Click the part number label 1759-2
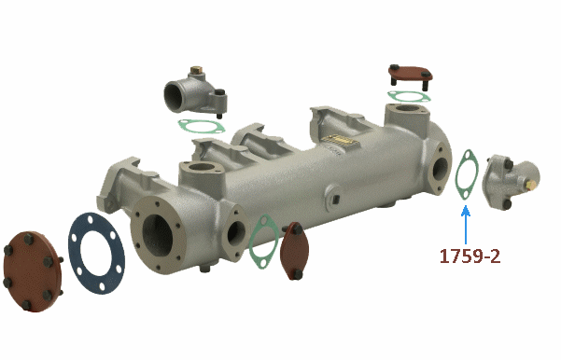coord(470,256)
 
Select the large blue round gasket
coord(96,253)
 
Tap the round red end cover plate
coord(32,271)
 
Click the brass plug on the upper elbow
coord(196,70)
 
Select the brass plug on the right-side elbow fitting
coord(531,186)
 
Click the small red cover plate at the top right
coord(411,74)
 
